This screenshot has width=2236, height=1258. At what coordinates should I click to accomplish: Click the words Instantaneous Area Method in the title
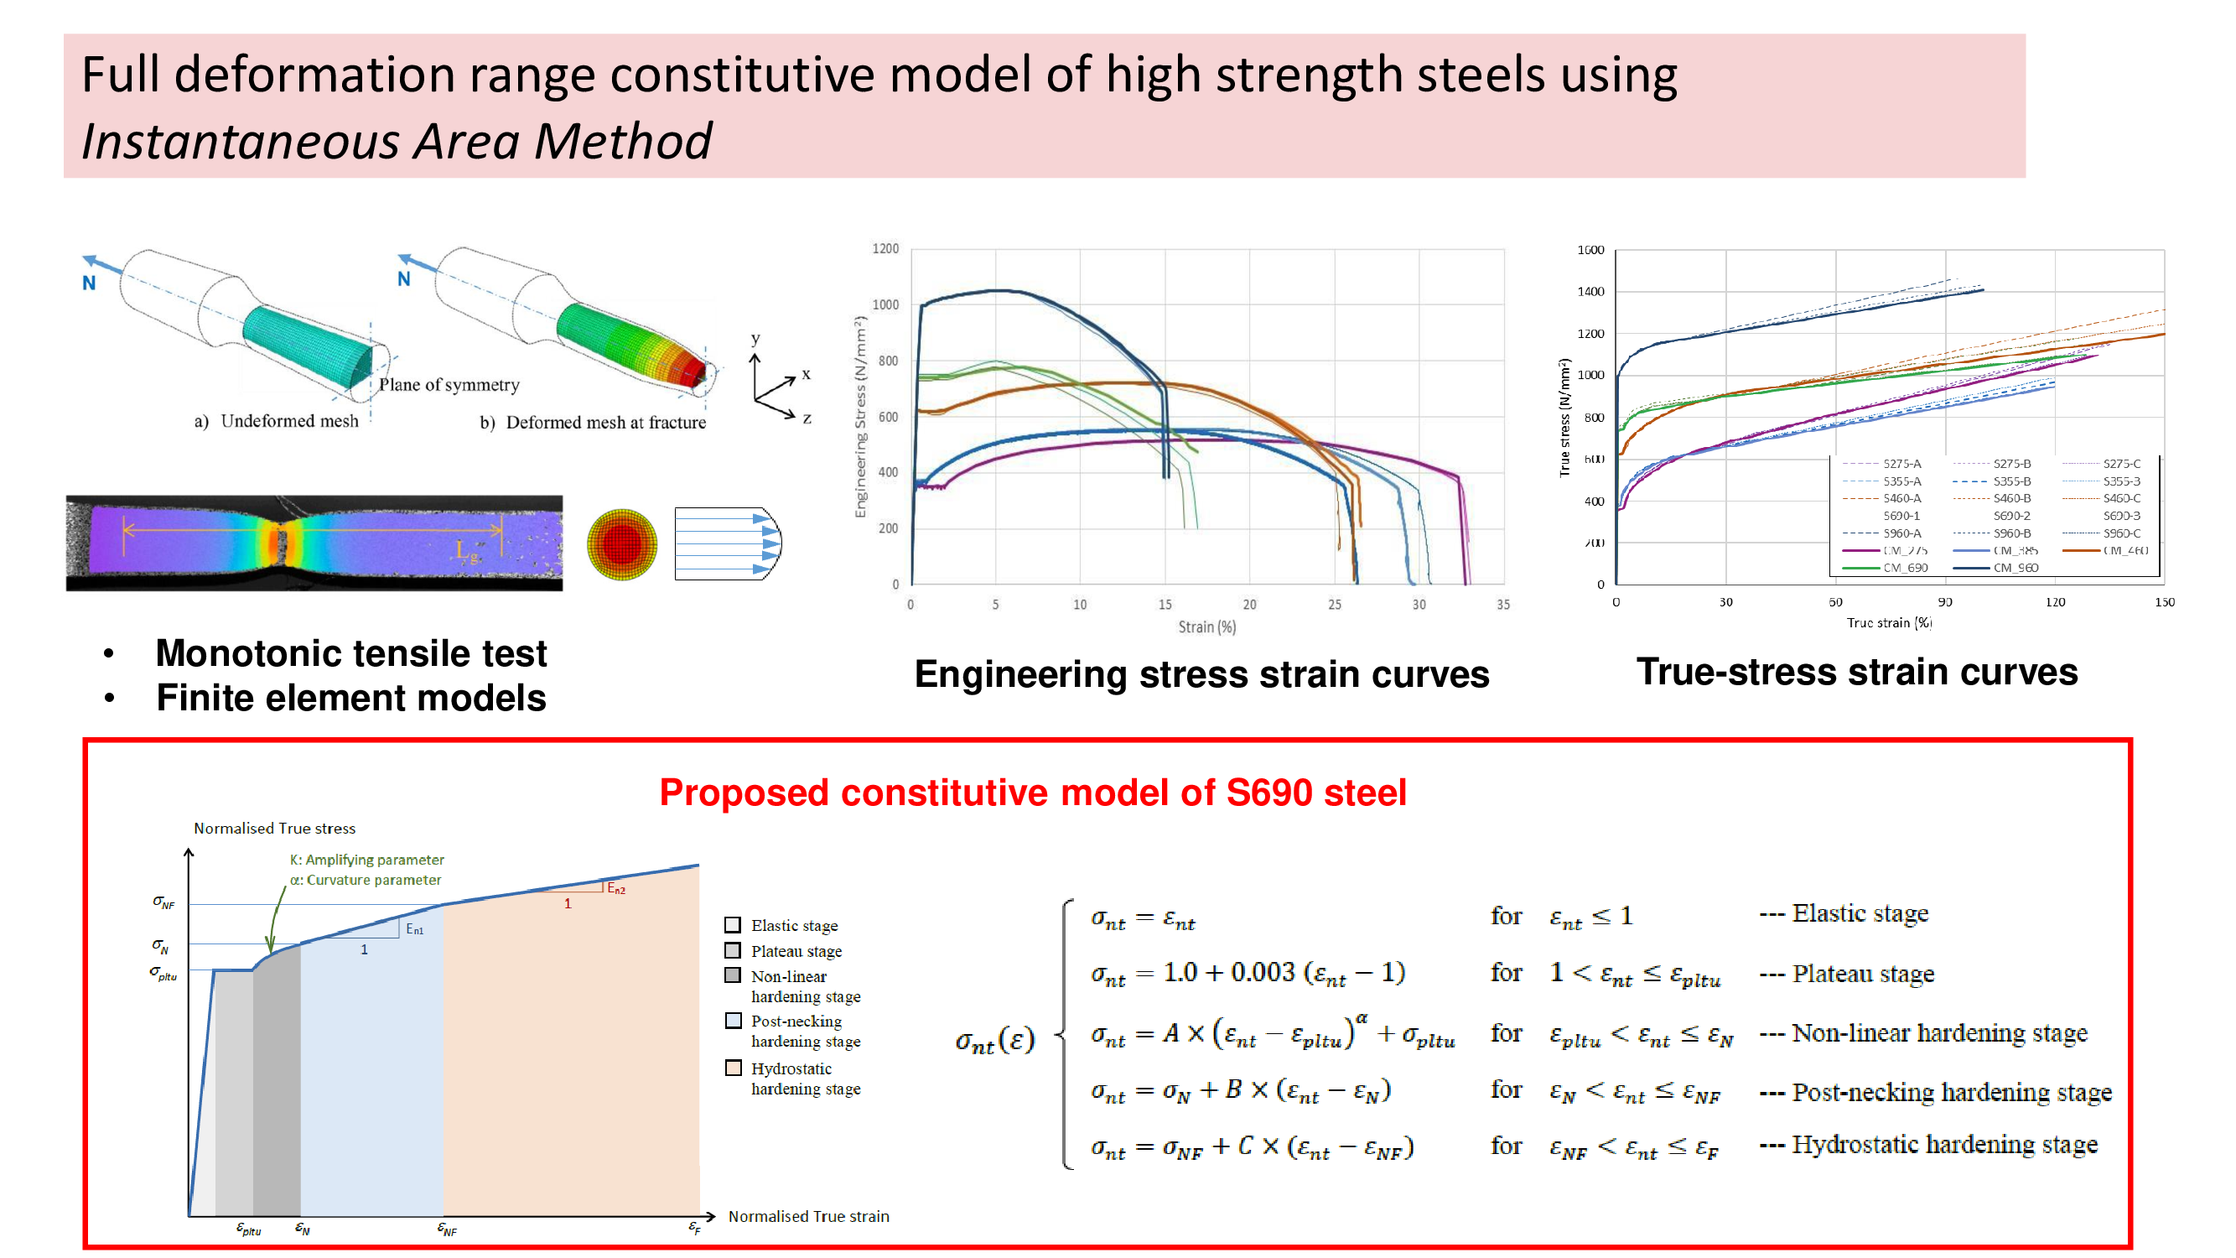pyautogui.click(x=396, y=142)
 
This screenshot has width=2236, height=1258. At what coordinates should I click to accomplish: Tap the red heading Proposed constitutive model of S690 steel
pyautogui.click(x=1032, y=793)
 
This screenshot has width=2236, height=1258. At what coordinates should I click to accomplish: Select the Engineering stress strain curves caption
pyautogui.click(x=1201, y=674)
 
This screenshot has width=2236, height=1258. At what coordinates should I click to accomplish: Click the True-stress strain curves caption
pyautogui.click(x=1856, y=672)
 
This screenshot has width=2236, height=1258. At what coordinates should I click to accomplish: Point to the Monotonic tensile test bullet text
pyautogui.click(x=350, y=652)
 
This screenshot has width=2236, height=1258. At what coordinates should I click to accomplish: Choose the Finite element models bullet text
pyautogui.click(x=350, y=698)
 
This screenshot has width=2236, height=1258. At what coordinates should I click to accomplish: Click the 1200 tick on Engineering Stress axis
pyautogui.click(x=885, y=249)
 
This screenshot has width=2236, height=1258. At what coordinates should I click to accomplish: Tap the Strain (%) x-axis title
pyautogui.click(x=1206, y=626)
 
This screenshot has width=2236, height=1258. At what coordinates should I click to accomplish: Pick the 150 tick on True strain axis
pyautogui.click(x=2164, y=602)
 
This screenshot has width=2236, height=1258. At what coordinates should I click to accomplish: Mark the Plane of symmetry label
pyautogui.click(x=449, y=385)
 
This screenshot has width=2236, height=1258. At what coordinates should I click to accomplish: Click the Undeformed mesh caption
pyautogui.click(x=288, y=421)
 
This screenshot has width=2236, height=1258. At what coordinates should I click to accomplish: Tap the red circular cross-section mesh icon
pyautogui.click(x=621, y=544)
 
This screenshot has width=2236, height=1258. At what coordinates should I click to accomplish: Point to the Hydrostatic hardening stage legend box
pyautogui.click(x=734, y=1068)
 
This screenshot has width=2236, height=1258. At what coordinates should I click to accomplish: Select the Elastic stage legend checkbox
pyautogui.click(x=734, y=924)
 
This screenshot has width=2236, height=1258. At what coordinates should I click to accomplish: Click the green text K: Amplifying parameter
pyautogui.click(x=366, y=860)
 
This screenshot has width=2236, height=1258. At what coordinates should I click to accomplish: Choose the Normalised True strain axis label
pyautogui.click(x=808, y=1216)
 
